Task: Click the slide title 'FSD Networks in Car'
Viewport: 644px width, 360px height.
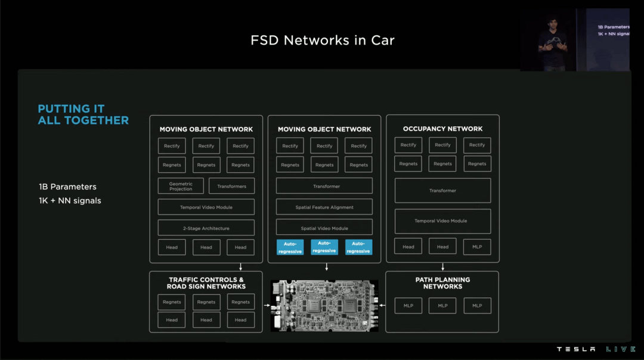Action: (322, 41)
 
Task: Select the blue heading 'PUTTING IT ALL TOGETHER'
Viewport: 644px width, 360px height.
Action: (83, 114)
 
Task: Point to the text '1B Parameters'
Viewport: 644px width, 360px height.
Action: (67, 187)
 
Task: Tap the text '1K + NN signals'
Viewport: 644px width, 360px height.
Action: (70, 201)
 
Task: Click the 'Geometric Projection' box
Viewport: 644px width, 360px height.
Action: (181, 186)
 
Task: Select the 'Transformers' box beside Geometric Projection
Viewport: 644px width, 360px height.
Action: (231, 186)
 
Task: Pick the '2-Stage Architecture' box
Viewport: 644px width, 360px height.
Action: (206, 228)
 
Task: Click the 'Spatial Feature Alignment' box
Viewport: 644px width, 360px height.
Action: (324, 207)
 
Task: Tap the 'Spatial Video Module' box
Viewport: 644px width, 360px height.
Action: (324, 228)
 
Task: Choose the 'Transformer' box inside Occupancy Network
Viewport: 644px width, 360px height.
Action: (442, 190)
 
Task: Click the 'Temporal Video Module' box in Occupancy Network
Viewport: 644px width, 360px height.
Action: (442, 221)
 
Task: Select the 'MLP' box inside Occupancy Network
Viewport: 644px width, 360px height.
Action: (477, 246)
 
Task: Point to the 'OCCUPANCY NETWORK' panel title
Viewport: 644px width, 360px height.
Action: (442, 129)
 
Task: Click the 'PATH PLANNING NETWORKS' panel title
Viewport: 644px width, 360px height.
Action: (442, 283)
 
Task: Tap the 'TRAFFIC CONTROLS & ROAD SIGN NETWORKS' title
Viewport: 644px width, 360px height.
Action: (206, 283)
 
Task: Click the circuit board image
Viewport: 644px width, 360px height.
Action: (324, 305)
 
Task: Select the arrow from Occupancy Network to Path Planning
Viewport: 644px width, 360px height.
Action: (442, 266)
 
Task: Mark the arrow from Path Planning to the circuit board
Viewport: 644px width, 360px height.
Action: (382, 306)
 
